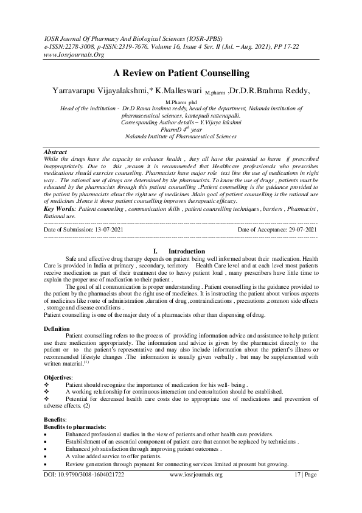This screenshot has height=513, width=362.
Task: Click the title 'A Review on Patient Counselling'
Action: point(181,73)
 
